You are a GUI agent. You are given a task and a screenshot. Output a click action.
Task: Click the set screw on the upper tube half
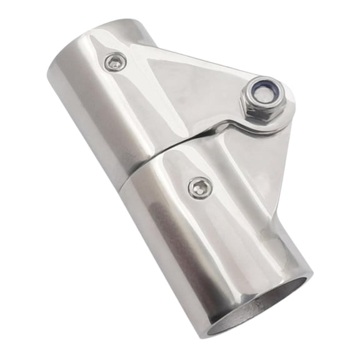[116, 62]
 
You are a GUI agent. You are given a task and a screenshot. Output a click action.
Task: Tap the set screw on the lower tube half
[200, 187]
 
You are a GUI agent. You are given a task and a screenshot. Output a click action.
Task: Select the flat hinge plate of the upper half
[187, 87]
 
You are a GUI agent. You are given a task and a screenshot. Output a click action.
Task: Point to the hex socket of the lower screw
[200, 187]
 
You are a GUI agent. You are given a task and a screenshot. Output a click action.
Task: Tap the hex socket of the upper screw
[116, 62]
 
